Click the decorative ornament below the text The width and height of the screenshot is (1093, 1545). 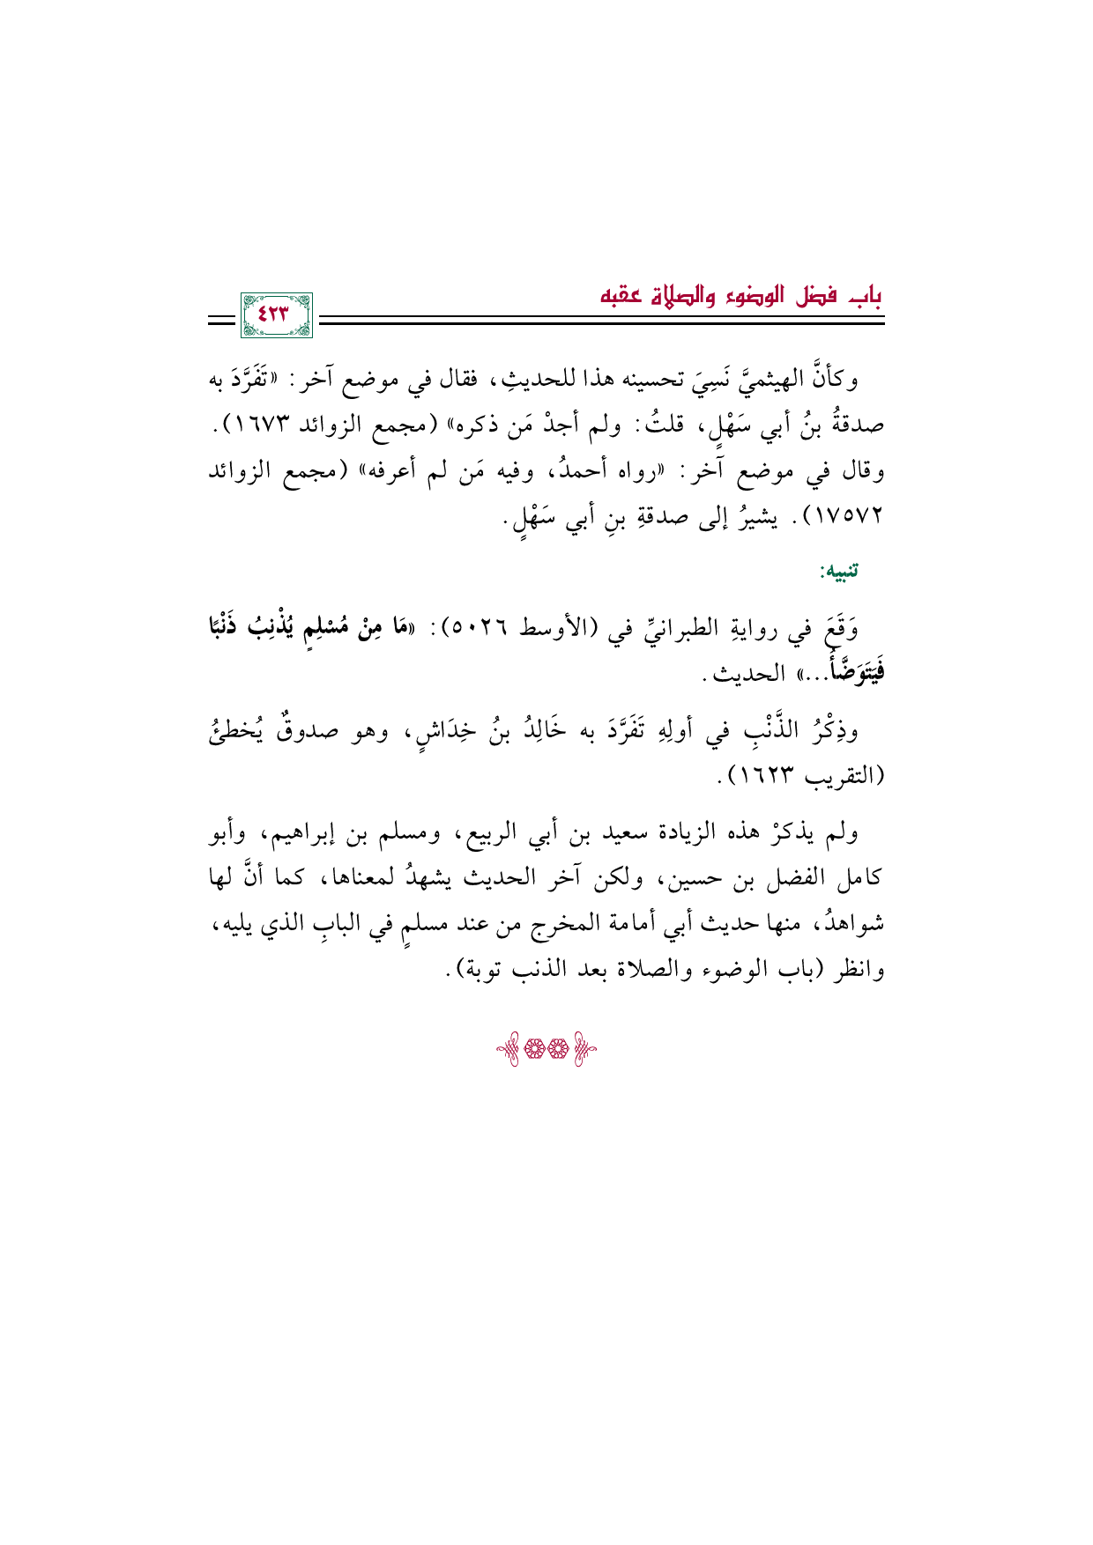point(546,1050)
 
